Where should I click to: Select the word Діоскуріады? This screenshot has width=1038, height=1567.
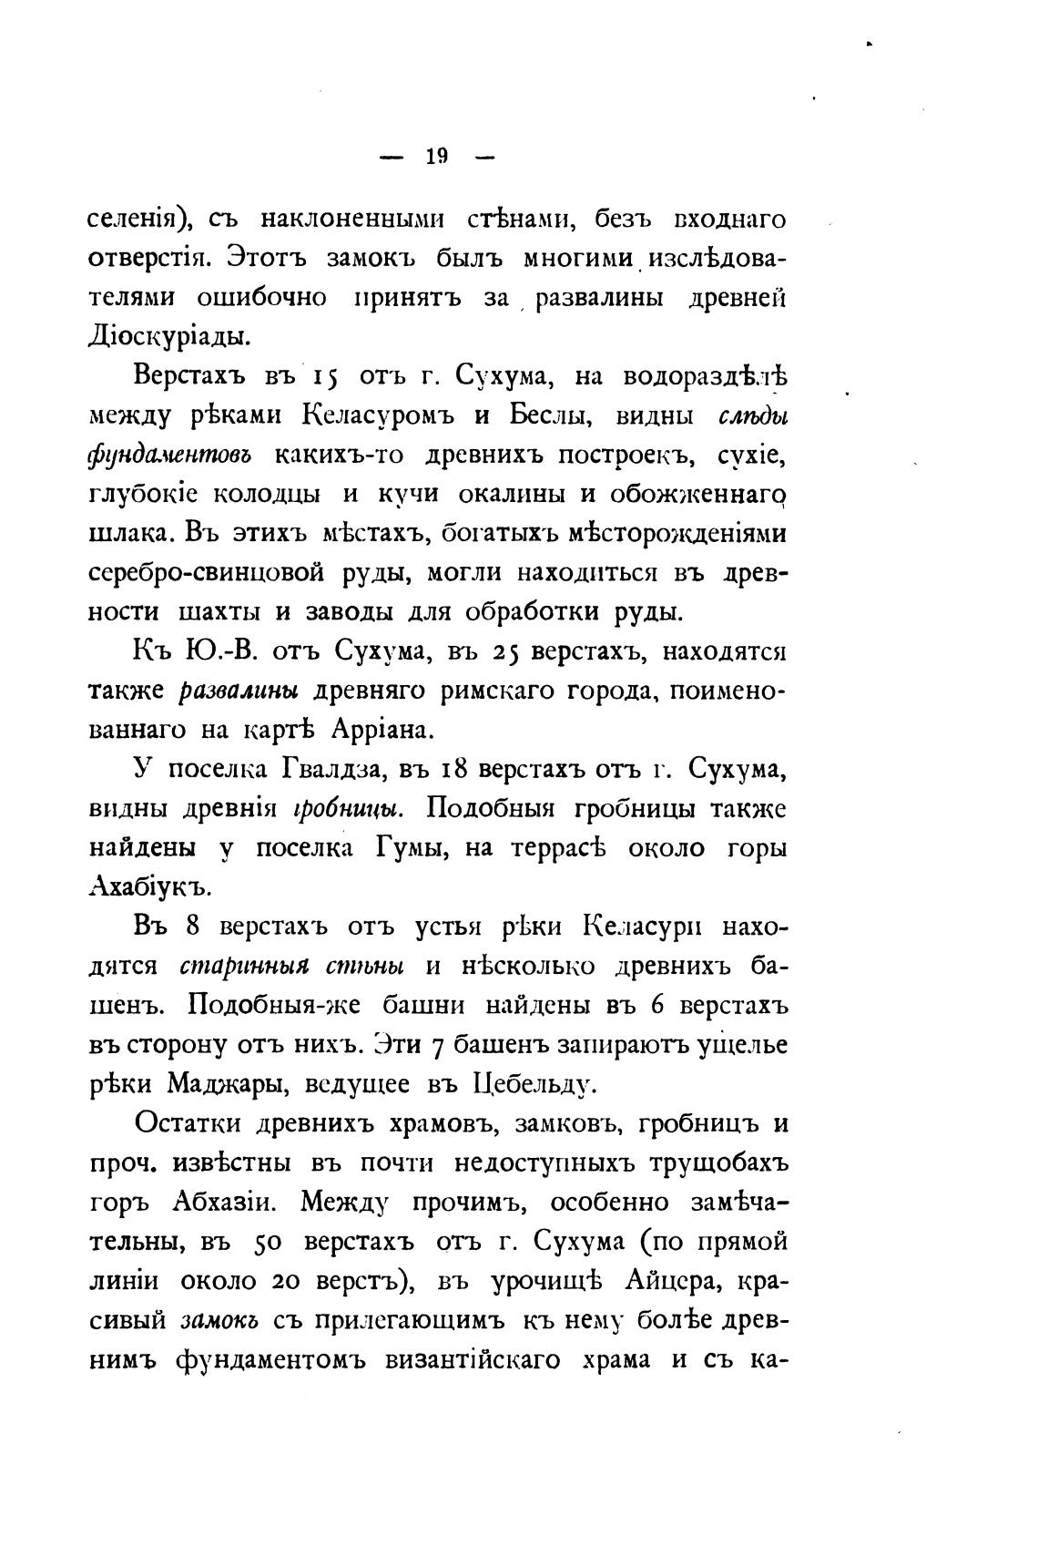click(x=168, y=336)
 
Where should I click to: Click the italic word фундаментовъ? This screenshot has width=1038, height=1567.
click(x=169, y=455)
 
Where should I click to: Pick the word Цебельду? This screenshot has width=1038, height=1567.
click(x=534, y=1084)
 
